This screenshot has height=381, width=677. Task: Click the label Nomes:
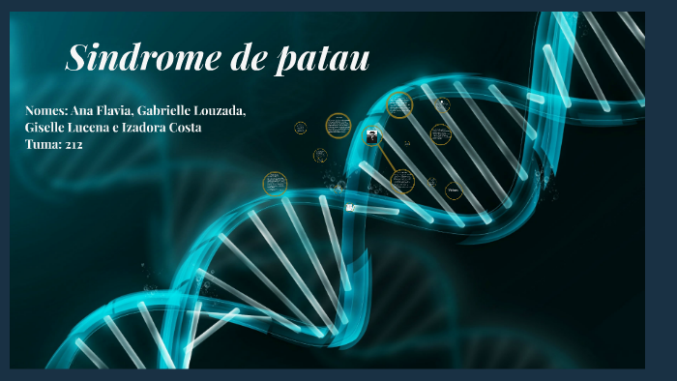pos(45,111)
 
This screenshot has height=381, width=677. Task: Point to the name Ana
pos(85,111)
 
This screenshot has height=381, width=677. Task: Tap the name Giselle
pos(49,128)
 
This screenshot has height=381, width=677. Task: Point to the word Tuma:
pos(43,144)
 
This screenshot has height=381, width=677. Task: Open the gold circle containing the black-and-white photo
pos(371,136)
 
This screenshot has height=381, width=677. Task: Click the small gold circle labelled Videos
pos(454,190)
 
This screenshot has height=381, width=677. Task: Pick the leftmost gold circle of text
pos(275,182)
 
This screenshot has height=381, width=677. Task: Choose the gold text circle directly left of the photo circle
pos(338,125)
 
